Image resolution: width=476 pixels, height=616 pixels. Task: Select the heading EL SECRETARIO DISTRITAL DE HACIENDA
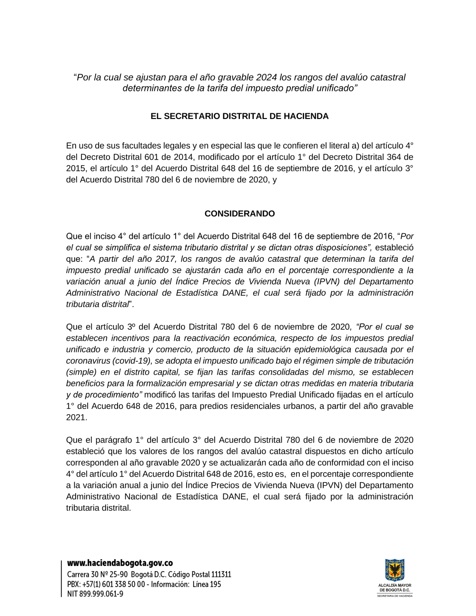[x=239, y=116]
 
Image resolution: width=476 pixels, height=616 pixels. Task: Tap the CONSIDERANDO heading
[x=239, y=214]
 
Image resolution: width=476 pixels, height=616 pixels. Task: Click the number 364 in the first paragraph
[x=393, y=157]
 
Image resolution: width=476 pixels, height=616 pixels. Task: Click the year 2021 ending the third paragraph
[x=76, y=417]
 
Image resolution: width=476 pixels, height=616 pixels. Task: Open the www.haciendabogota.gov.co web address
[x=120, y=563]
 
